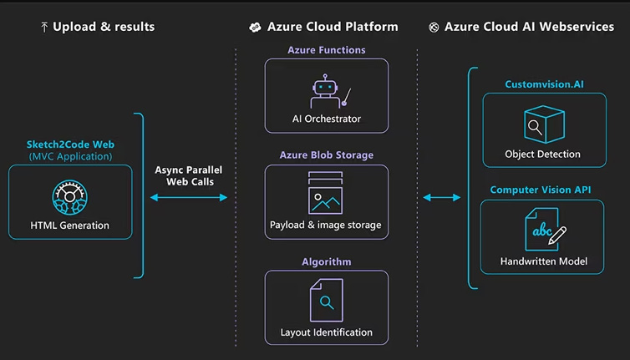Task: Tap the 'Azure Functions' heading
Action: point(327,50)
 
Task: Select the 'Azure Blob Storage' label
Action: point(327,155)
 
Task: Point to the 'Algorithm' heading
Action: point(327,262)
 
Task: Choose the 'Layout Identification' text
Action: point(327,332)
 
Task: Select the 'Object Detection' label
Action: point(543,155)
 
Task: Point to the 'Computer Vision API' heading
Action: point(541,190)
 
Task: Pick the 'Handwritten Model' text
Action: point(543,261)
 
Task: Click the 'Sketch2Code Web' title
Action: point(69,145)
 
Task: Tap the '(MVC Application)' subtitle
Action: point(70,156)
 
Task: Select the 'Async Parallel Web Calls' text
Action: point(189,176)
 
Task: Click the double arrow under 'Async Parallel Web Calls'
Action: point(189,198)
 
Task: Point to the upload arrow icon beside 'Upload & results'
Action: point(44,27)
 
